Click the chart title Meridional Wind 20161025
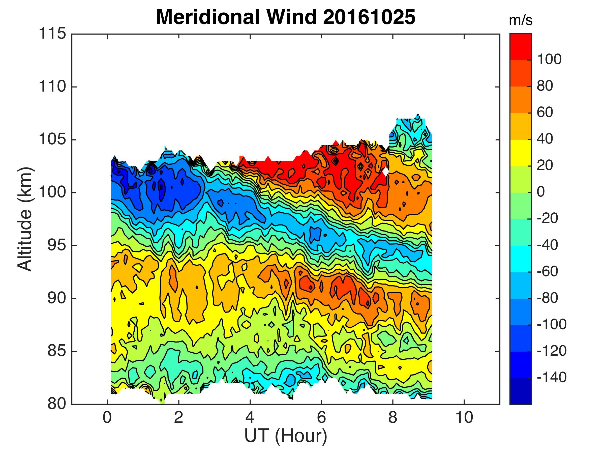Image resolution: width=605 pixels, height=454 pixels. (286, 17)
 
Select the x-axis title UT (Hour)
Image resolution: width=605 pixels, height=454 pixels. (286, 435)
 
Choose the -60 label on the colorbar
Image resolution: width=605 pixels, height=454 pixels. (547, 272)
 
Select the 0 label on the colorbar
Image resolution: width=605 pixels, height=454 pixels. (541, 192)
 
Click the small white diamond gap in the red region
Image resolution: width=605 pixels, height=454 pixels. (385, 172)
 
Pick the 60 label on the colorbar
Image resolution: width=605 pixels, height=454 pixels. (545, 112)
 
